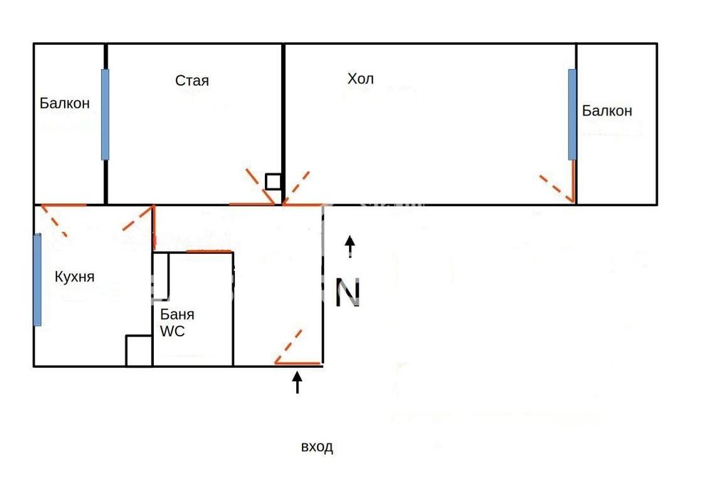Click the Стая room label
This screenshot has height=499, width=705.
(x=192, y=81)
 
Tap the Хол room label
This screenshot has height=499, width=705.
(x=360, y=78)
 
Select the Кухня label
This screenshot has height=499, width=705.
(x=75, y=277)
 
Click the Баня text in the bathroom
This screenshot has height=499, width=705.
(x=177, y=314)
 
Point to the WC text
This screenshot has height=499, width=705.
(x=172, y=331)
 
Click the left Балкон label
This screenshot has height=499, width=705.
(x=65, y=103)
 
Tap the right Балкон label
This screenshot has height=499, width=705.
(x=607, y=110)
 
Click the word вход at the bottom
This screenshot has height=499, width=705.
(x=317, y=447)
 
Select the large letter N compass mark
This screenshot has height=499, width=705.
(x=348, y=292)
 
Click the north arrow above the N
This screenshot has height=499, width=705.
(x=350, y=247)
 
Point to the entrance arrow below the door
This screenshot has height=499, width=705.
(x=297, y=382)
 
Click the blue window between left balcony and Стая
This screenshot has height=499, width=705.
(x=105, y=114)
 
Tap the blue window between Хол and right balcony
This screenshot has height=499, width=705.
(x=573, y=114)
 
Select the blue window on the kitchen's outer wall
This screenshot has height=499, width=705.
(x=37, y=280)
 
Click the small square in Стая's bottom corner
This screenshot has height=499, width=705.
(x=273, y=182)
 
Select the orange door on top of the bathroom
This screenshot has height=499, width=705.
(x=209, y=251)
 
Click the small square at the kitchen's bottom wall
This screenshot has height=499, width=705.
(x=139, y=351)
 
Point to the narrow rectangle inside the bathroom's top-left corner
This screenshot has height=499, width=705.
(x=161, y=277)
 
